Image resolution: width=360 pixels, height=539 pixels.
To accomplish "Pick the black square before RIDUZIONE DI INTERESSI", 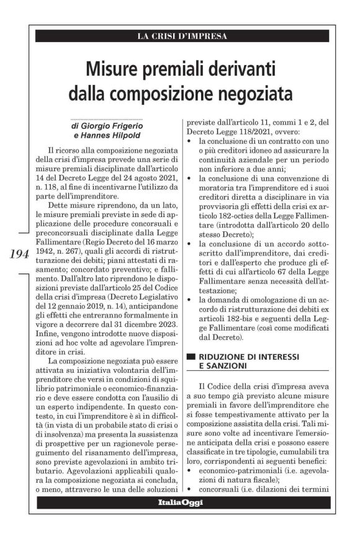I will (x=191, y=357).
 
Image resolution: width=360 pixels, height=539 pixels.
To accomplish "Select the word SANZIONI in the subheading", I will (x=219, y=367).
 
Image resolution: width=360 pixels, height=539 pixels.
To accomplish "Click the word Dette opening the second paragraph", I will (x=57, y=203).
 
